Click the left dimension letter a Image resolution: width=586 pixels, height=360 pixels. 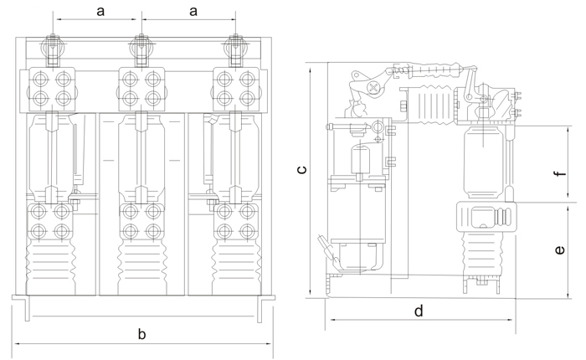pos(100,11)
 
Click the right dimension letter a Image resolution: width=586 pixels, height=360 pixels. pos(193,11)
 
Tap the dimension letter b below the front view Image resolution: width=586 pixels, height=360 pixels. pos(142,334)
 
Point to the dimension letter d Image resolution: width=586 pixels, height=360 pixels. pos(419,311)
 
